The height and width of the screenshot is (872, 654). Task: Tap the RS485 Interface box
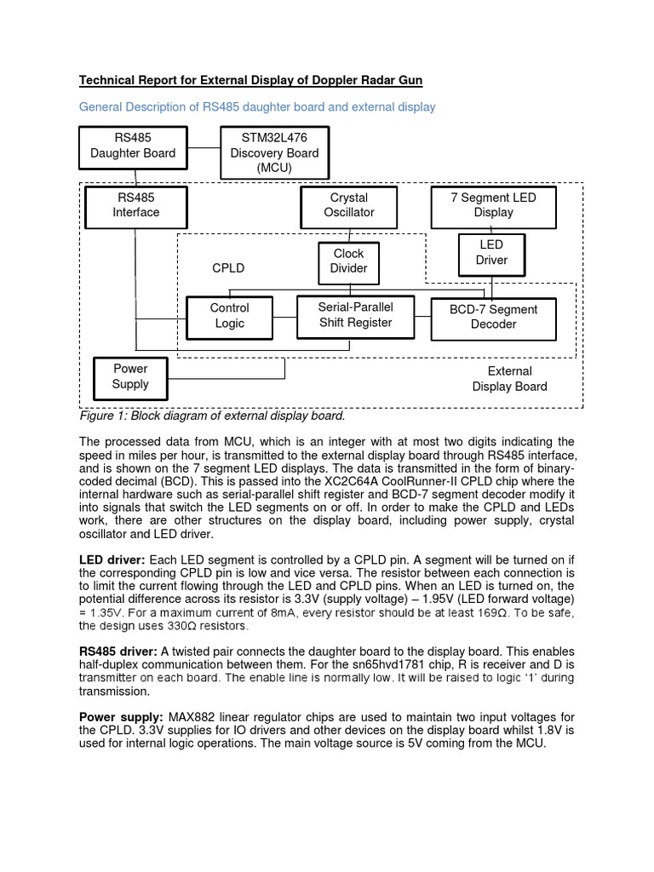point(136,204)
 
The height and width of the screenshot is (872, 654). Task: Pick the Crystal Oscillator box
point(349,205)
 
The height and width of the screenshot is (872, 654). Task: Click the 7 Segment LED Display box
point(493,205)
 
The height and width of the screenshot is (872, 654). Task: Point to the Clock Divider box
point(348,261)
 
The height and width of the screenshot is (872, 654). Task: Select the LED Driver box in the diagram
point(491,253)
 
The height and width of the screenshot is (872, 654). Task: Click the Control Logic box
point(229,316)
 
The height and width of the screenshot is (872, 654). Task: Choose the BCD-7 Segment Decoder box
point(493,317)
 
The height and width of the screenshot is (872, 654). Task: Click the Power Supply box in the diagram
point(130,376)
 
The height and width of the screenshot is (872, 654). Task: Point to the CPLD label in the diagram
point(228,268)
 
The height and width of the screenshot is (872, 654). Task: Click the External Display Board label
point(509,379)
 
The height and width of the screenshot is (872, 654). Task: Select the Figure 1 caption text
point(212,416)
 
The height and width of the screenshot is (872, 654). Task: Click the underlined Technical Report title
point(250,81)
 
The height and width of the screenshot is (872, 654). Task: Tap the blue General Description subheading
point(256,107)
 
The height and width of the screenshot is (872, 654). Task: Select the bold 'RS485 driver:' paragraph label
point(118,651)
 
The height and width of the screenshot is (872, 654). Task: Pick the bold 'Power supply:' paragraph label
point(122,716)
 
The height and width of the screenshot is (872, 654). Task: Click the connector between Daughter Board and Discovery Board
point(203,146)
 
